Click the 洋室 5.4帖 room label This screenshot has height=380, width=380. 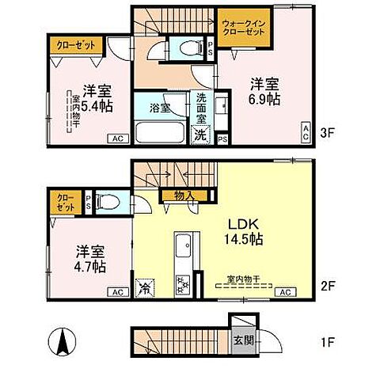[x=89, y=97]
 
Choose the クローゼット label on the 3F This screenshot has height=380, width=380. [x=76, y=46]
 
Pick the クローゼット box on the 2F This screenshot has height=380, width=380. [x=66, y=201]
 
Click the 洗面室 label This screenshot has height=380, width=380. [x=201, y=105]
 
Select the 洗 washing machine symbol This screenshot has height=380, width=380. [x=202, y=135]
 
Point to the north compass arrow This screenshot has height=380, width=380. [x=59, y=342]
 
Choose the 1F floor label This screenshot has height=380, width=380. [x=326, y=345]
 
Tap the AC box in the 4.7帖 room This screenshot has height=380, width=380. [x=117, y=293]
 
